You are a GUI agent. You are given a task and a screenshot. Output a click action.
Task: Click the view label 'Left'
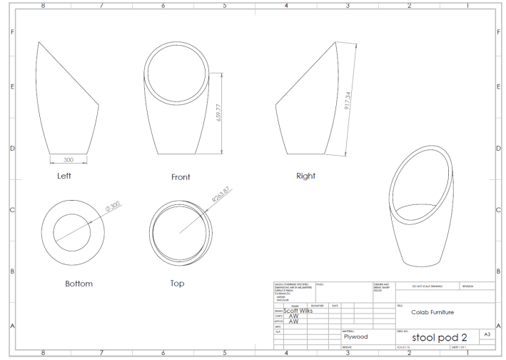tap(64, 175)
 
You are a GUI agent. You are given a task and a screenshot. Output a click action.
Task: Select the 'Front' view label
tap(180, 177)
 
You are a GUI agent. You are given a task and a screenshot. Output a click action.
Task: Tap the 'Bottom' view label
tap(79, 284)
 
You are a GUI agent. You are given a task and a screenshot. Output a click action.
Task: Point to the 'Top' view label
tap(177, 284)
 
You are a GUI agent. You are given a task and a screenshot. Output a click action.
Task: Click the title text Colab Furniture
tap(432, 312)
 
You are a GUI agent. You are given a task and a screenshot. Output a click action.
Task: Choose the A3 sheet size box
tap(487, 334)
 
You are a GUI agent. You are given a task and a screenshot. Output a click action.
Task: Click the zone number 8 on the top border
tap(42, 5)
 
